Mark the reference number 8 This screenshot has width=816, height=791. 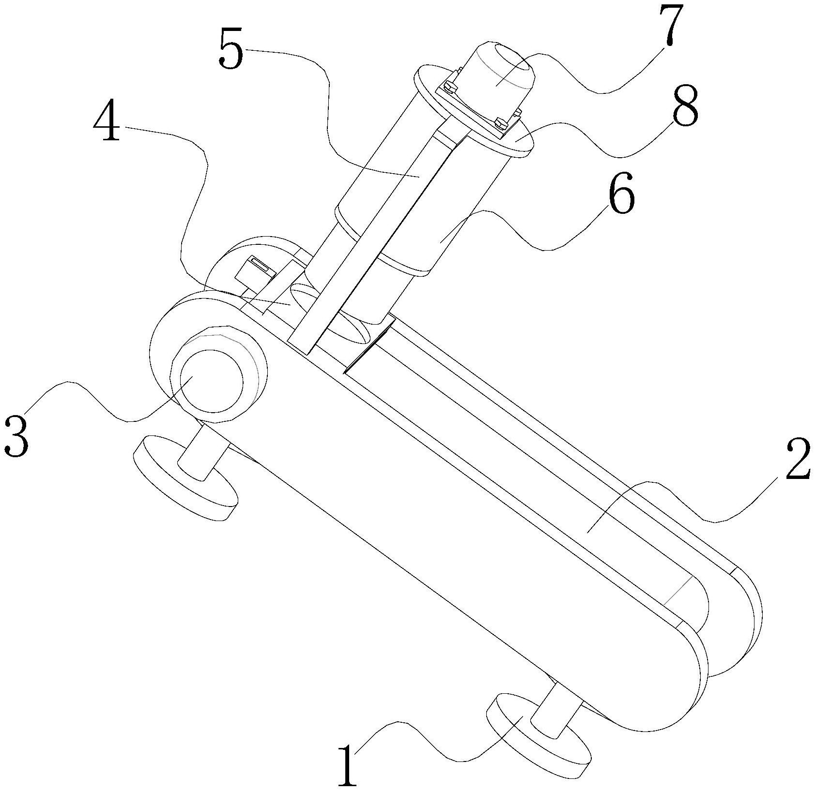tap(684, 107)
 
